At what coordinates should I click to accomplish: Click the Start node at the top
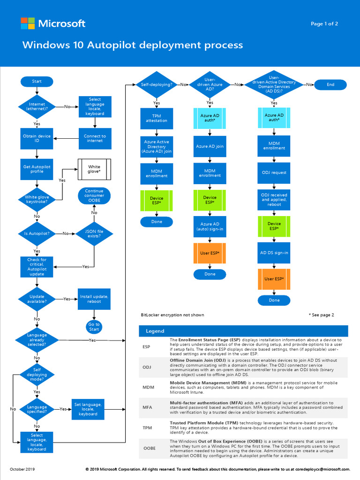point(37,82)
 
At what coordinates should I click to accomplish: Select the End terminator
point(330,85)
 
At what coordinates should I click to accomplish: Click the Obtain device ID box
point(37,138)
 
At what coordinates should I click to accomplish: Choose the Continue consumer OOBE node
point(94,196)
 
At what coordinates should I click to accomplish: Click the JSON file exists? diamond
point(94,233)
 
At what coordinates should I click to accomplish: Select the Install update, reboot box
point(94,299)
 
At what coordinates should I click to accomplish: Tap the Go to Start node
point(94,327)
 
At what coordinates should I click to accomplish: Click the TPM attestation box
point(157,118)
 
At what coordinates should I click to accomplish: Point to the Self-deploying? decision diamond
point(157,85)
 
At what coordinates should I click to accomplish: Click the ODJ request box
point(274,172)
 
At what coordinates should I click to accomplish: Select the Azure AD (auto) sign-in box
point(210,227)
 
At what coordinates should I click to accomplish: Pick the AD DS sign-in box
point(274,253)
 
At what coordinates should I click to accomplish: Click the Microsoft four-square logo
point(28,23)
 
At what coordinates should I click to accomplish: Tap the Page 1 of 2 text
point(324,24)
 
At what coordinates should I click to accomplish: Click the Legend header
point(155,331)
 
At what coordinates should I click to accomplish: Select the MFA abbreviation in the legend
point(147,407)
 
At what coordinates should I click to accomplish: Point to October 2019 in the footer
point(22,469)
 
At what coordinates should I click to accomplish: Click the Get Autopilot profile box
point(37,169)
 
